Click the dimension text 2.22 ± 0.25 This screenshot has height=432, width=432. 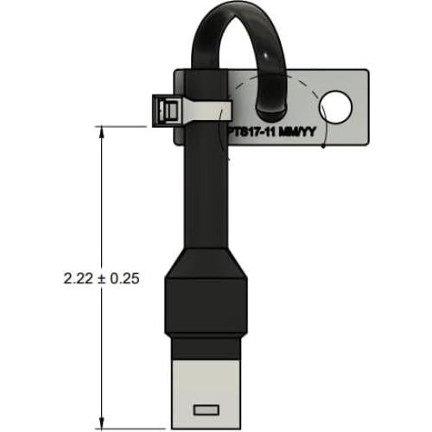click(x=102, y=278)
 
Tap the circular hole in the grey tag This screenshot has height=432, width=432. click(x=335, y=108)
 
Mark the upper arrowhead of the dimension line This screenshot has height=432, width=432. click(x=103, y=132)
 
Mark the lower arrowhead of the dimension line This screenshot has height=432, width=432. click(x=103, y=422)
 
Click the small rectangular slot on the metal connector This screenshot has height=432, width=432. click(x=207, y=408)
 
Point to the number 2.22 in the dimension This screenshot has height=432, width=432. click(x=77, y=278)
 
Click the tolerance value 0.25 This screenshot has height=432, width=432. click(x=126, y=278)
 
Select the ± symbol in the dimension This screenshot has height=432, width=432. click(x=102, y=278)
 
